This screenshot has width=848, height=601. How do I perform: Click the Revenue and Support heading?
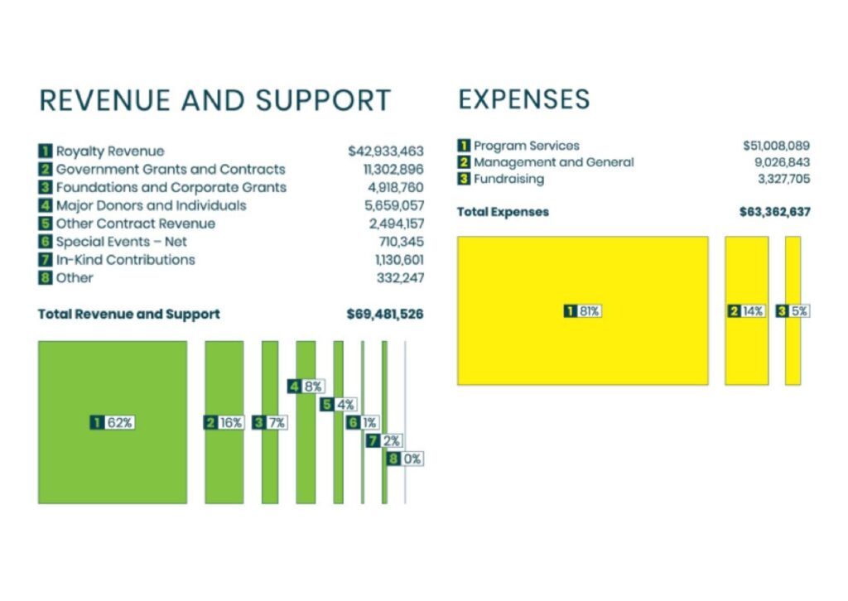214,99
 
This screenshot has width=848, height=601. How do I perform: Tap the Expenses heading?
523,99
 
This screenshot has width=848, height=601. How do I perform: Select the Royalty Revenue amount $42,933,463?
385,151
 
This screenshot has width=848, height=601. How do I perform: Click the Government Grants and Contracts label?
170,169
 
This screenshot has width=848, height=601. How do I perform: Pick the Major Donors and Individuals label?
151,205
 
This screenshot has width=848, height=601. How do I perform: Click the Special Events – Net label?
121,242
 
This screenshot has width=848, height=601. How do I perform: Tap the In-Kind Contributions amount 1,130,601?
399,260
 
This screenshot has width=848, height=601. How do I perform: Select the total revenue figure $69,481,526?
385,315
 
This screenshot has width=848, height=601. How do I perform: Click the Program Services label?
526,146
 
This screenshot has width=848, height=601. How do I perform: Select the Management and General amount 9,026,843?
782,162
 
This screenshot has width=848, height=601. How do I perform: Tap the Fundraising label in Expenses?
508,179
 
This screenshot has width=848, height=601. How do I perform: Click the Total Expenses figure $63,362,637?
774,212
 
